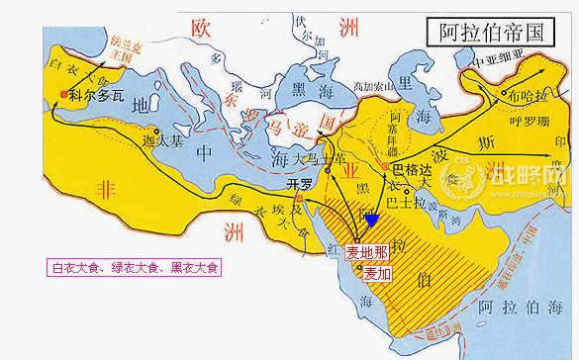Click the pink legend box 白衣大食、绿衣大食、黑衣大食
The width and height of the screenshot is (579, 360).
pos(137,266)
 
